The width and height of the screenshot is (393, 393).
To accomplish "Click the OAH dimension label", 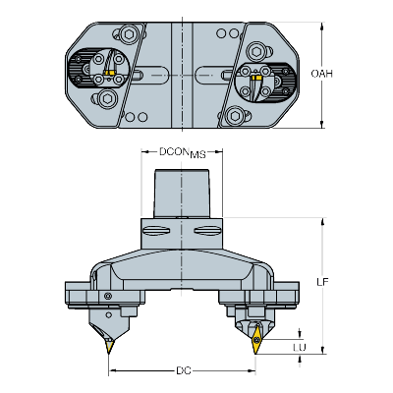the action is tap(321, 74).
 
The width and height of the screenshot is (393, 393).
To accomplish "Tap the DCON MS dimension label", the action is tap(183, 152).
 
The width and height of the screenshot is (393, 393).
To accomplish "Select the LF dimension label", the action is tap(322, 282).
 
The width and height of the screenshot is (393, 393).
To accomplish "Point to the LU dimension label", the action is tap(300, 348).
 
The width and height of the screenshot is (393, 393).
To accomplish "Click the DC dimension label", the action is tap(184, 370).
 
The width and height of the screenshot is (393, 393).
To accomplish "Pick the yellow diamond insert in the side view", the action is tap(256, 340).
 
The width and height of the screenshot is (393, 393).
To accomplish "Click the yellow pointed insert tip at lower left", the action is tap(109, 347).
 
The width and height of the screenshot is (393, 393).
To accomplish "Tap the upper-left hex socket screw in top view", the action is tap(128, 33).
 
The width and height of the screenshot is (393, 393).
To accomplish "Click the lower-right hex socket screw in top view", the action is tap(235, 115).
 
